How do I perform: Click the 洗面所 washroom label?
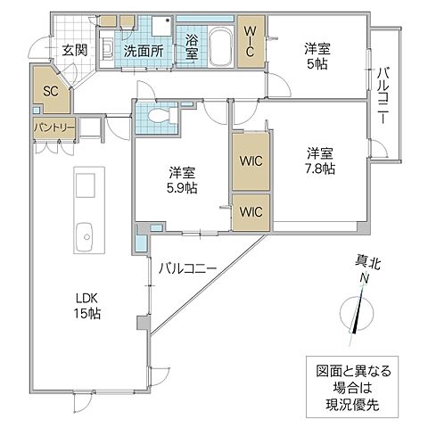coord(142,51)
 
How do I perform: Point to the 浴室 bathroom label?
coord(192,46)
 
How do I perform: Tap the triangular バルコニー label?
coord(189,267)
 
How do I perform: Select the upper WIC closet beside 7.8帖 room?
coord(251,161)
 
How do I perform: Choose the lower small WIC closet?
coord(251,212)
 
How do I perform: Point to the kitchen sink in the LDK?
coord(86,237)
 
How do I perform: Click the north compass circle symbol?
coord(358,314)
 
